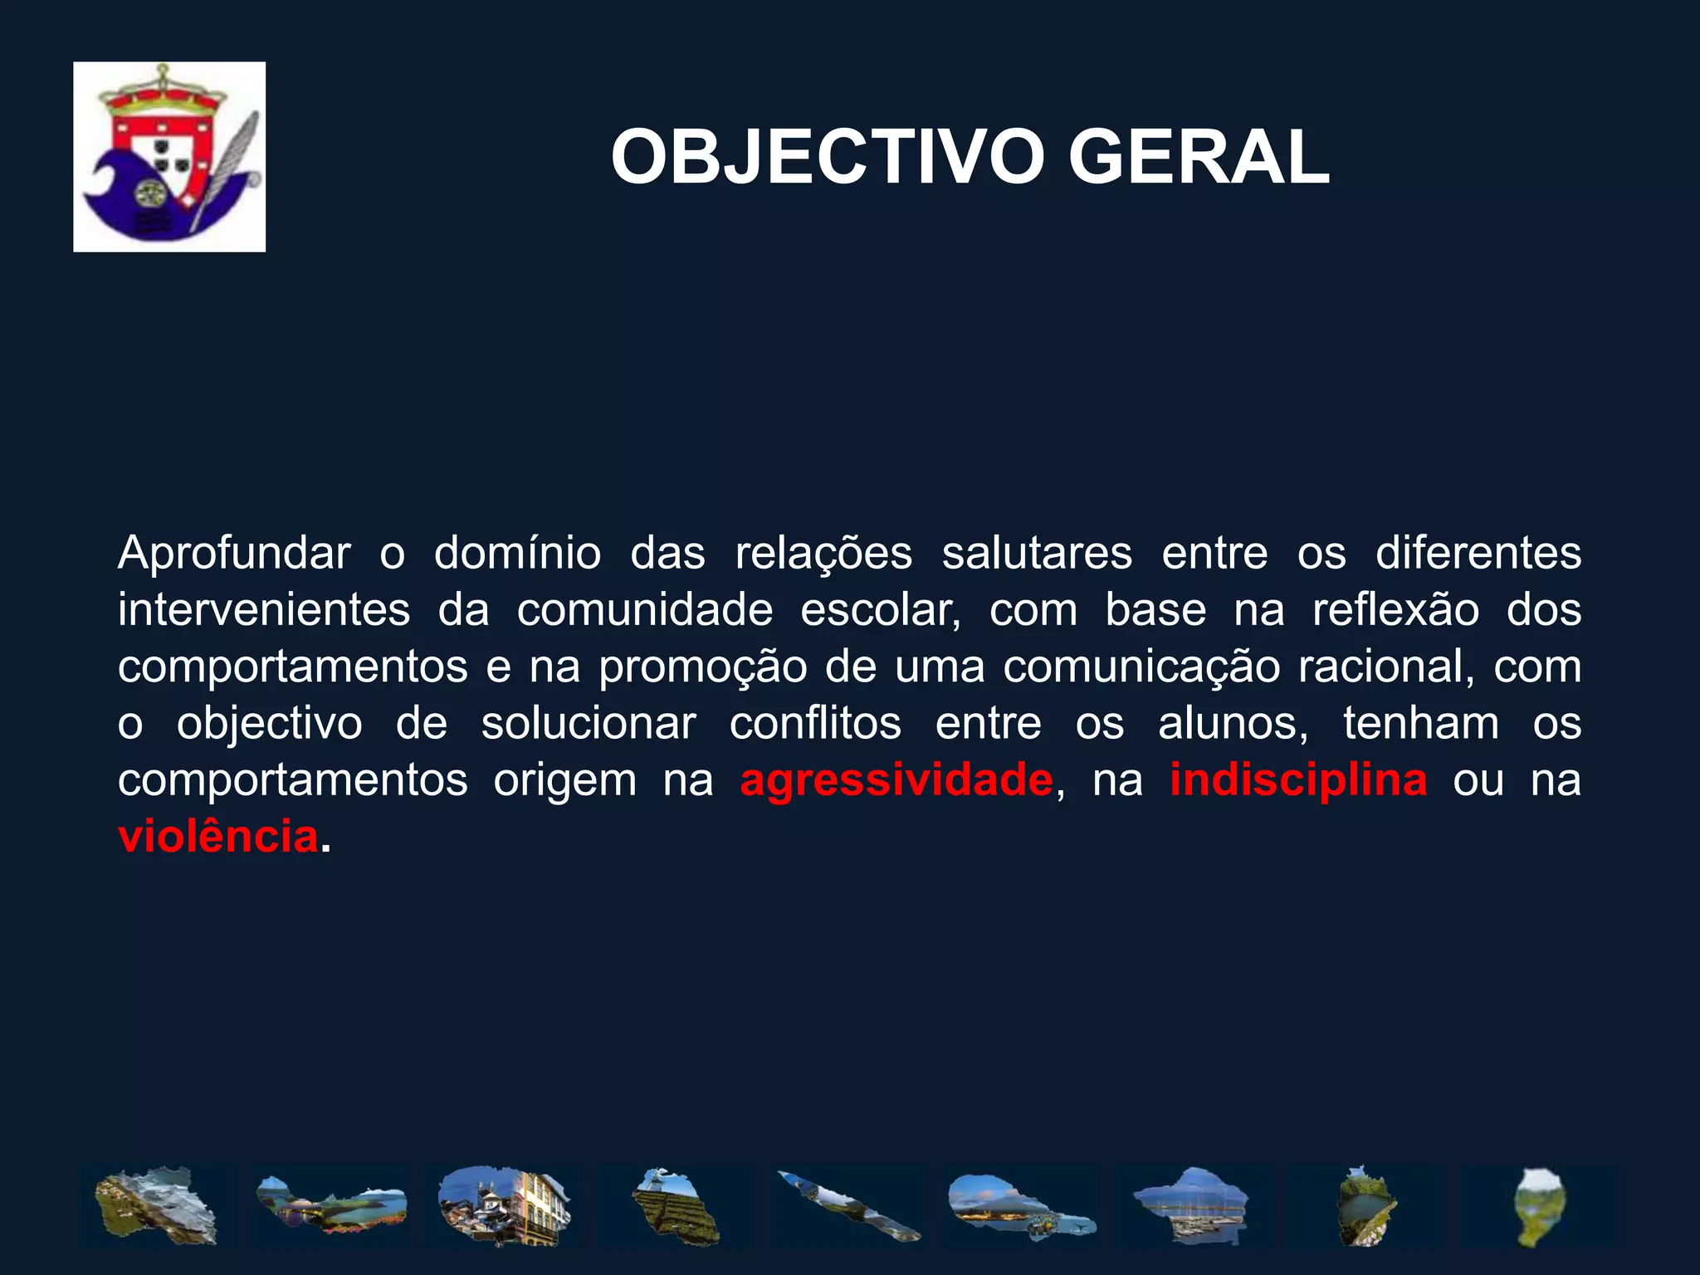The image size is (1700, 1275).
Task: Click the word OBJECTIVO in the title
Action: click(827, 158)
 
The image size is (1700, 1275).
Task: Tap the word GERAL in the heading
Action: click(1199, 158)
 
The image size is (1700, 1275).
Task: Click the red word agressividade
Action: click(896, 780)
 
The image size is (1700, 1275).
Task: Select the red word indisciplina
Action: click(1298, 780)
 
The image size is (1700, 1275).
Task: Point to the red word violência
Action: click(218, 837)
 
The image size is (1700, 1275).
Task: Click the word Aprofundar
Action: click(234, 554)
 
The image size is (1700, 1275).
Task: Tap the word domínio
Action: click(517, 554)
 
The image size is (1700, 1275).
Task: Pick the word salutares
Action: click(1036, 554)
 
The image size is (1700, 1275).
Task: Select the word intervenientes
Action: click(264, 610)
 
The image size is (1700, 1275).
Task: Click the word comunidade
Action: click(645, 610)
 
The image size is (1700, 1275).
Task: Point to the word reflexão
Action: click(1395, 610)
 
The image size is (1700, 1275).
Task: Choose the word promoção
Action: click(703, 667)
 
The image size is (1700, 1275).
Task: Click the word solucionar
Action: click(589, 724)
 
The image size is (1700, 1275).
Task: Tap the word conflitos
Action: click(815, 724)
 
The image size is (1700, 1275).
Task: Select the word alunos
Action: click(1232, 724)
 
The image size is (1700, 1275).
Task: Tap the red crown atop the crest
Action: click(158, 98)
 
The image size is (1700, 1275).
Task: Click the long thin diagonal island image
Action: click(849, 1206)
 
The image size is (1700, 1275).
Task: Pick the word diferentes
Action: click(1478, 554)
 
